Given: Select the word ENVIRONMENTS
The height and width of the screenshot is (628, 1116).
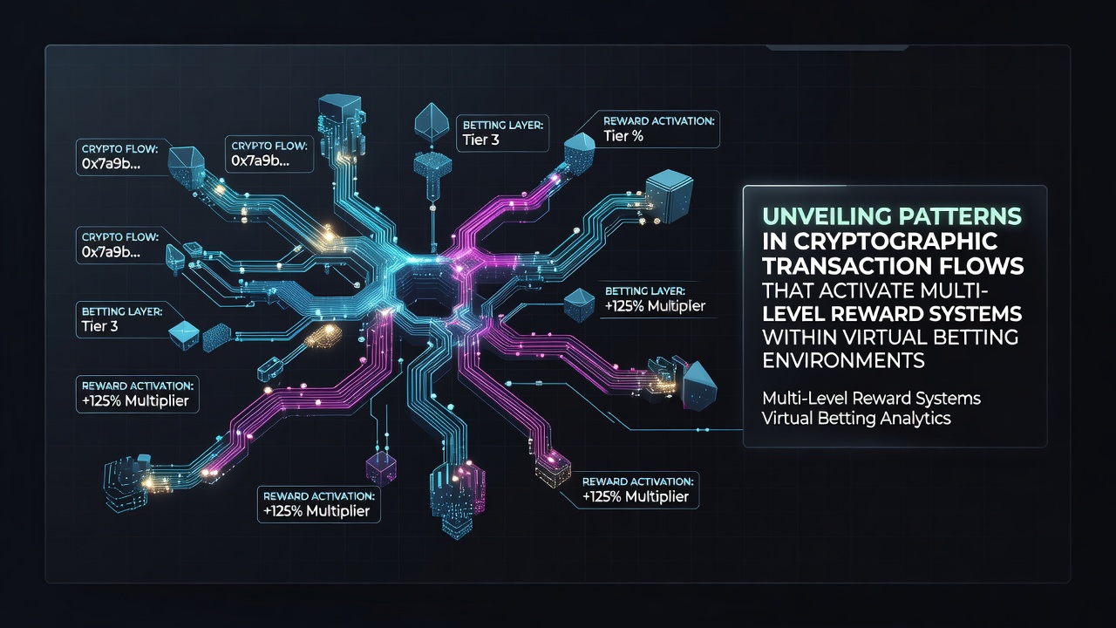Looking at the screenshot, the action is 843,360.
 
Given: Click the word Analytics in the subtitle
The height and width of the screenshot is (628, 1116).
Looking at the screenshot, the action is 915,418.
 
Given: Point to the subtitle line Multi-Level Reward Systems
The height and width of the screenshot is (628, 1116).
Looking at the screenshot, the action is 871,399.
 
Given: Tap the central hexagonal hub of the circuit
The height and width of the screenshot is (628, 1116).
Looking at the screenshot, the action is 426,287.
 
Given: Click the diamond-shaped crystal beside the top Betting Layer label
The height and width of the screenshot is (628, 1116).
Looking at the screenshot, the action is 432,123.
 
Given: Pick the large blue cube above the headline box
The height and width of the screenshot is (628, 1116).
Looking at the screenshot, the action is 669,196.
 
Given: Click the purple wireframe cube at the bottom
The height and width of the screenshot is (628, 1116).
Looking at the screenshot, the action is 381,468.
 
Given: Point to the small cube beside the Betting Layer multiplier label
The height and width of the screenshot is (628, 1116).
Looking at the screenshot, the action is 580,304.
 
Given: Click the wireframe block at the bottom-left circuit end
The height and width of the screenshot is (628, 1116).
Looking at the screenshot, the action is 128,482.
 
